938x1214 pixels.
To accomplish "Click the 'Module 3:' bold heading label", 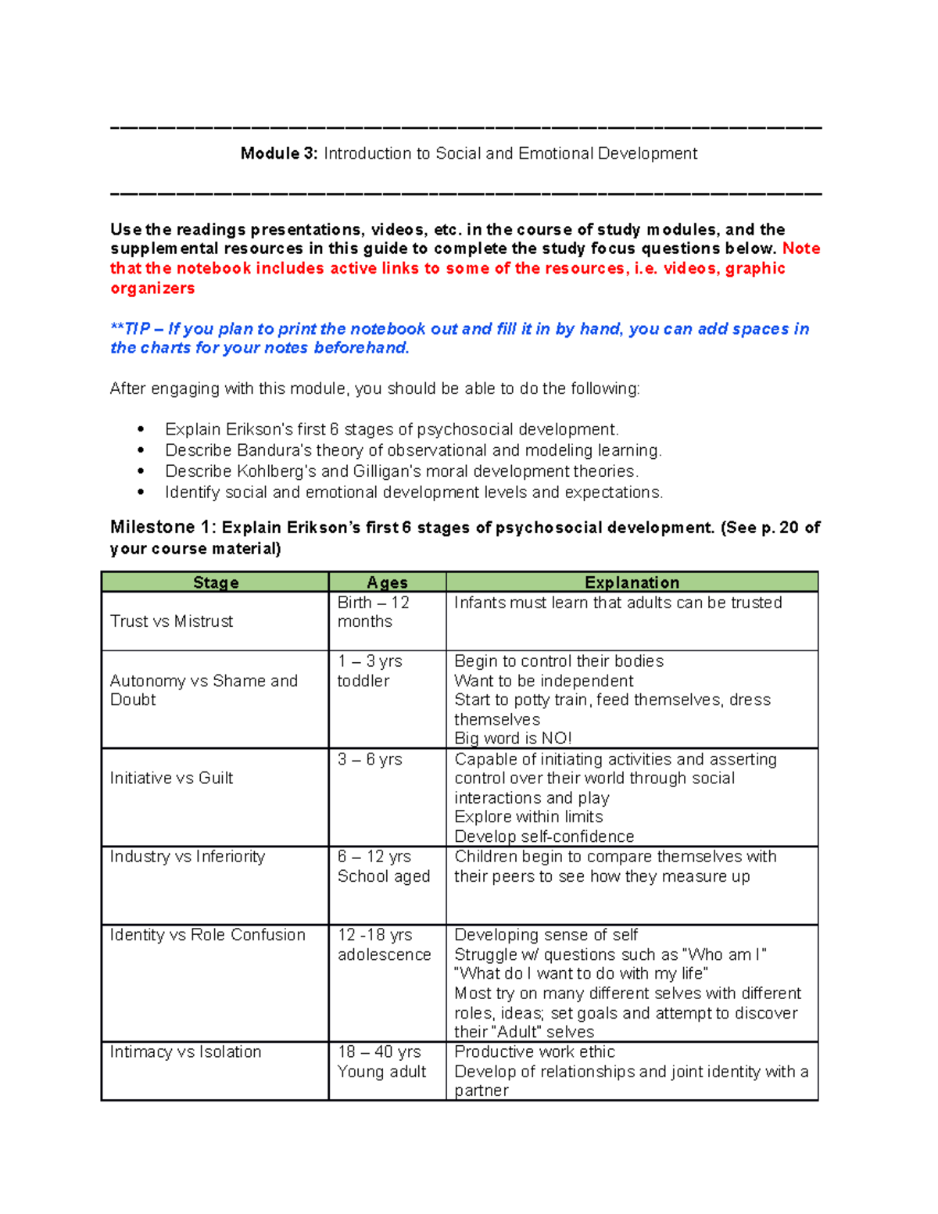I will pos(279,154).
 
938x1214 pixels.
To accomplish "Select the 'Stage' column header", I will pos(216,582).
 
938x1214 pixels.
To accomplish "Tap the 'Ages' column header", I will pos(387,582).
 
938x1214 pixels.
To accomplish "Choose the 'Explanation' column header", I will pos(632,582).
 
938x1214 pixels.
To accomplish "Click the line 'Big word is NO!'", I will pos(513,739).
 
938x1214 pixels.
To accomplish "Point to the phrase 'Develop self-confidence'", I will pos(544,836).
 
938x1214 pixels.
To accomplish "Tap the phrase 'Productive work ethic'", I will pos(535,1052).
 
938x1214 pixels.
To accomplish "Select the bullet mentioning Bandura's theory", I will pos(413,450).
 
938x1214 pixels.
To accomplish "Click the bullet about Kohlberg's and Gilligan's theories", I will pos(402,471).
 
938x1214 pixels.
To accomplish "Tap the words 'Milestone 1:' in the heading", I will pos(163,528).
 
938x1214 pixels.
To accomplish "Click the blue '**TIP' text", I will pos(130,329).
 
